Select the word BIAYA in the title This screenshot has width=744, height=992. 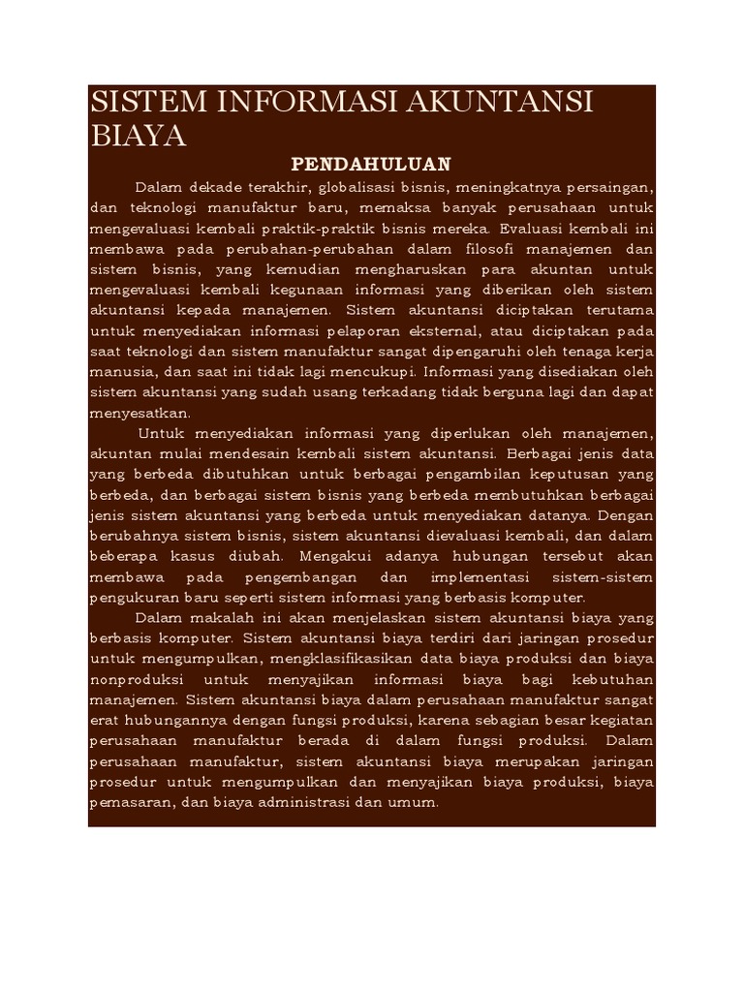point(138,137)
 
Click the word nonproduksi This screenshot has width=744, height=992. point(134,680)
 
